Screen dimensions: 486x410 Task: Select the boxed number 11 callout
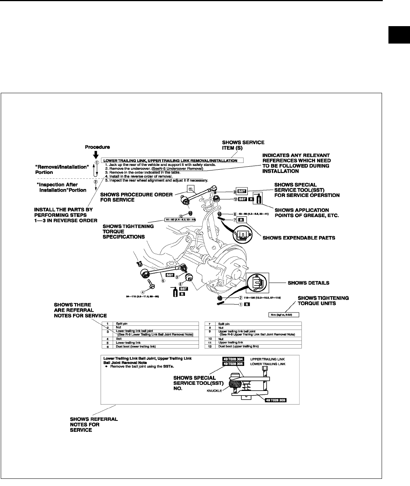click(191, 189)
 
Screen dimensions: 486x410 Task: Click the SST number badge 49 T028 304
click(233, 358)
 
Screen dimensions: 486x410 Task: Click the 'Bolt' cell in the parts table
click(119, 339)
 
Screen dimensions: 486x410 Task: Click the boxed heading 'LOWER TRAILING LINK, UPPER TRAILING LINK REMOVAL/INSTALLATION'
click(170, 161)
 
